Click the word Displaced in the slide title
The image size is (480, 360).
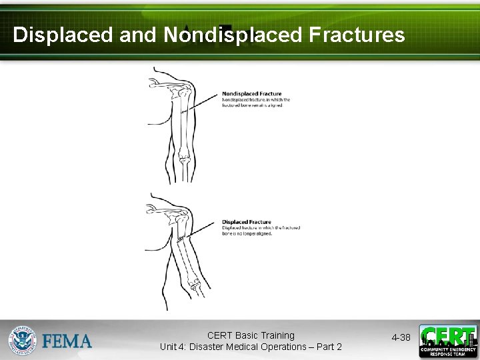63,35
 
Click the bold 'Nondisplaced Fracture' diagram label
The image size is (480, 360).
251,94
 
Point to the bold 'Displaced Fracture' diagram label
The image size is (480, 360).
246,222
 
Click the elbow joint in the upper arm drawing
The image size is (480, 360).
183,159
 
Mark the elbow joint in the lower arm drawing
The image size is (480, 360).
195,285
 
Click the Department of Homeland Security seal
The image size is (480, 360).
23,339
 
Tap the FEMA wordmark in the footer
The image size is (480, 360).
67,341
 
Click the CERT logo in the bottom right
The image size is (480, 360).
447,341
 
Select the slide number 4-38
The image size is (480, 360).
401,338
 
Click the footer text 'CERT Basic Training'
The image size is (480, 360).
251,335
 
